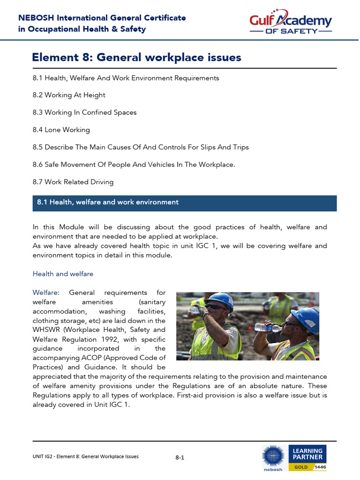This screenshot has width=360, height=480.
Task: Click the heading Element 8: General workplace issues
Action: (x=136, y=58)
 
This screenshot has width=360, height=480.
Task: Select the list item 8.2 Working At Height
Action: (x=69, y=95)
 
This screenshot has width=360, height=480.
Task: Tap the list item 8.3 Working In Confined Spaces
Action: (x=84, y=112)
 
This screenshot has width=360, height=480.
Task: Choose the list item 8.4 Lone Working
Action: (x=61, y=130)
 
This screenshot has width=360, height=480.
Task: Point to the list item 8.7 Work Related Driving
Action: (x=73, y=182)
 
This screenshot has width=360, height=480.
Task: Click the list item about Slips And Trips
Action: (x=141, y=147)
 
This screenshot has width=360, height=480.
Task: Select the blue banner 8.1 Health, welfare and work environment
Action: (x=184, y=202)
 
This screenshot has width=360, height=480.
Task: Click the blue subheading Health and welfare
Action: (x=63, y=274)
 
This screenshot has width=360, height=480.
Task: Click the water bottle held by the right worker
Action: (x=268, y=328)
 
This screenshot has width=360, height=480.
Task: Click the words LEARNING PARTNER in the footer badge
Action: (x=307, y=454)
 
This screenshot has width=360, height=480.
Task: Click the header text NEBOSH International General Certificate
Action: (x=102, y=18)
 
